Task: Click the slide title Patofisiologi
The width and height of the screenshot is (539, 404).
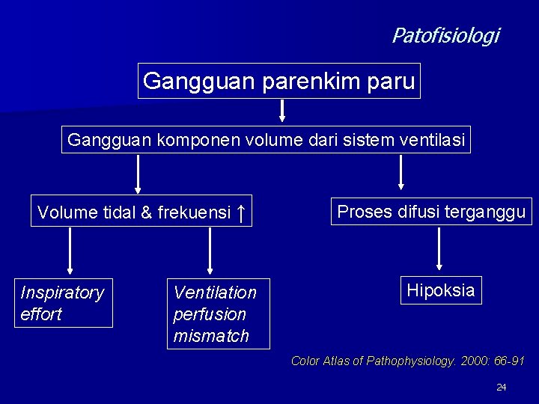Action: pos(445,35)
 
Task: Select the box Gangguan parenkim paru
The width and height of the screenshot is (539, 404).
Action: pos(279,81)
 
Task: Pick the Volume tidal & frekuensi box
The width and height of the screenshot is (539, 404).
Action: pos(142,213)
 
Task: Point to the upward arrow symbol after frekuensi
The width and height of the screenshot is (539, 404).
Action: pos(239,212)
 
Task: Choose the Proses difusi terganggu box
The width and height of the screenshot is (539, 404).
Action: pos(431,212)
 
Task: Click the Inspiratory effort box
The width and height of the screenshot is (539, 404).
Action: pos(63,303)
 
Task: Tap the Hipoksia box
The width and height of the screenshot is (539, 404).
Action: pos(440,290)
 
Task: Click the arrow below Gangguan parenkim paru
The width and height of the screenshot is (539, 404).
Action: pos(282,111)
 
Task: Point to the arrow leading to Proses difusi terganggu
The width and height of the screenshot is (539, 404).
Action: pos(401,172)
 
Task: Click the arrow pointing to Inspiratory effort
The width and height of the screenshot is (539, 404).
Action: pos(70,250)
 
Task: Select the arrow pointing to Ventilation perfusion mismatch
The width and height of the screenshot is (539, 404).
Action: pos(210,250)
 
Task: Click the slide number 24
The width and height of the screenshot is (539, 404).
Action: pos(502,387)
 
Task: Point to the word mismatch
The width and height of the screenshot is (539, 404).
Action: pos(211,336)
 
